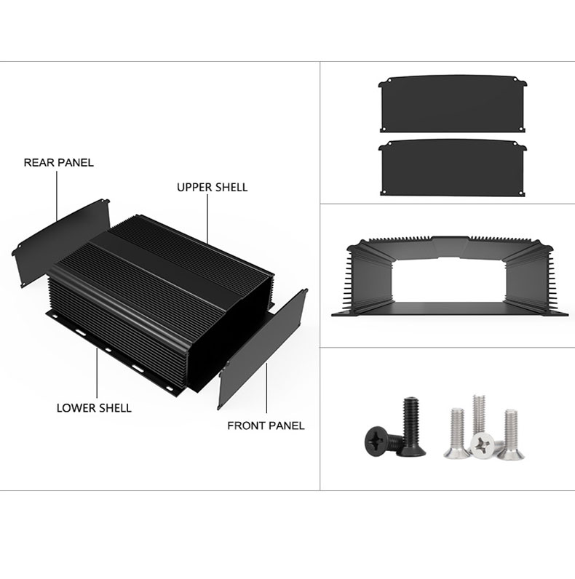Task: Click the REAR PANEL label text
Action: coord(58,162)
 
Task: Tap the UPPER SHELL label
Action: coord(212,187)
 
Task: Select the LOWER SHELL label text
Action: coord(94,408)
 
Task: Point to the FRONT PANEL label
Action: coord(266,426)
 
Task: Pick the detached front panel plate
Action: coord(263,349)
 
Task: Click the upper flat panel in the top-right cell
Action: coord(452,104)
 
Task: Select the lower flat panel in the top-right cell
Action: coord(452,167)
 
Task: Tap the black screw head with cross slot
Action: coord(377,439)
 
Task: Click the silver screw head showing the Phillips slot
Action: coord(483,445)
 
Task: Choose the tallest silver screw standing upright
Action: coord(479,414)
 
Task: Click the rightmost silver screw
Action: coord(511,435)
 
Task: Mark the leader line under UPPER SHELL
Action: coord(207,220)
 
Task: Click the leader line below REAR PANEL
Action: coord(57,196)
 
